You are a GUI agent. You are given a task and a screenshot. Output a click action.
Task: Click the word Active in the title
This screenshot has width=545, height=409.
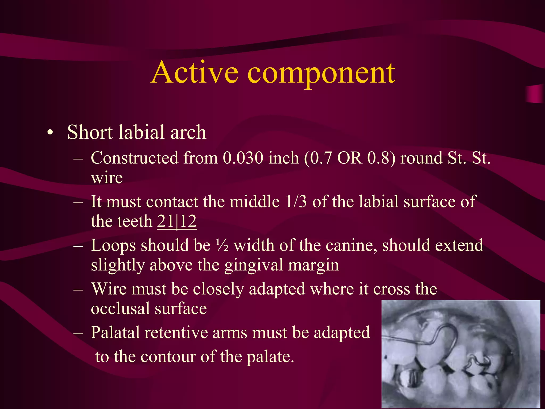[195, 72]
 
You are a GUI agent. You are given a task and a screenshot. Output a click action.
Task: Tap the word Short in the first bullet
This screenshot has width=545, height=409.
[90, 132]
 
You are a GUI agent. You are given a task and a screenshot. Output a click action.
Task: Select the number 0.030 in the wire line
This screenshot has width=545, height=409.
[243, 158]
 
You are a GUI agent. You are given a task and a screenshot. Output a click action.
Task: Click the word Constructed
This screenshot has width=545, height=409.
[134, 158]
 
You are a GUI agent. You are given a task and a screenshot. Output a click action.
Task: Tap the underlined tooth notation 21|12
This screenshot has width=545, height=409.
[177, 221]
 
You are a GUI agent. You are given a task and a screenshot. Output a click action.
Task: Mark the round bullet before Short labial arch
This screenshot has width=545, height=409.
[50, 132]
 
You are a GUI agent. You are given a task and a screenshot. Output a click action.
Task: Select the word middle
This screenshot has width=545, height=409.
[255, 202]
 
